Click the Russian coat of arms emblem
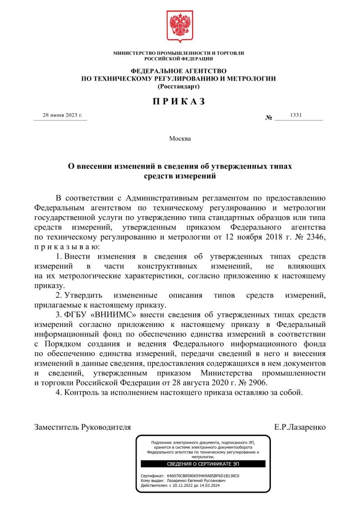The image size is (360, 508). click(180, 25)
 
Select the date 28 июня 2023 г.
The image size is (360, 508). click(63, 115)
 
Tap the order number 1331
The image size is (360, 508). click(296, 115)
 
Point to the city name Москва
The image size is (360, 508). click(180, 138)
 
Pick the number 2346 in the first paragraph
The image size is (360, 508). click(312, 236)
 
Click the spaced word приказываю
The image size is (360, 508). click(65, 247)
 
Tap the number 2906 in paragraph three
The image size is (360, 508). click(255, 383)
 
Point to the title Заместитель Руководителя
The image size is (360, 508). click(83, 427)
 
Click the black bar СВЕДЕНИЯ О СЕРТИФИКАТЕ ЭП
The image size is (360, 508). click(203, 464)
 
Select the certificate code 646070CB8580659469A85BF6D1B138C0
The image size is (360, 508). click(203, 476)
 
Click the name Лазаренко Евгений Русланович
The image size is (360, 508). click(196, 481)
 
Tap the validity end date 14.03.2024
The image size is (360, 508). click(209, 486)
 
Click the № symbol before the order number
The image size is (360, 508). click(269, 118)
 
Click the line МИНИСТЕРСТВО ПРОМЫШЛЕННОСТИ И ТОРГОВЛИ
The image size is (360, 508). click(179, 53)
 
